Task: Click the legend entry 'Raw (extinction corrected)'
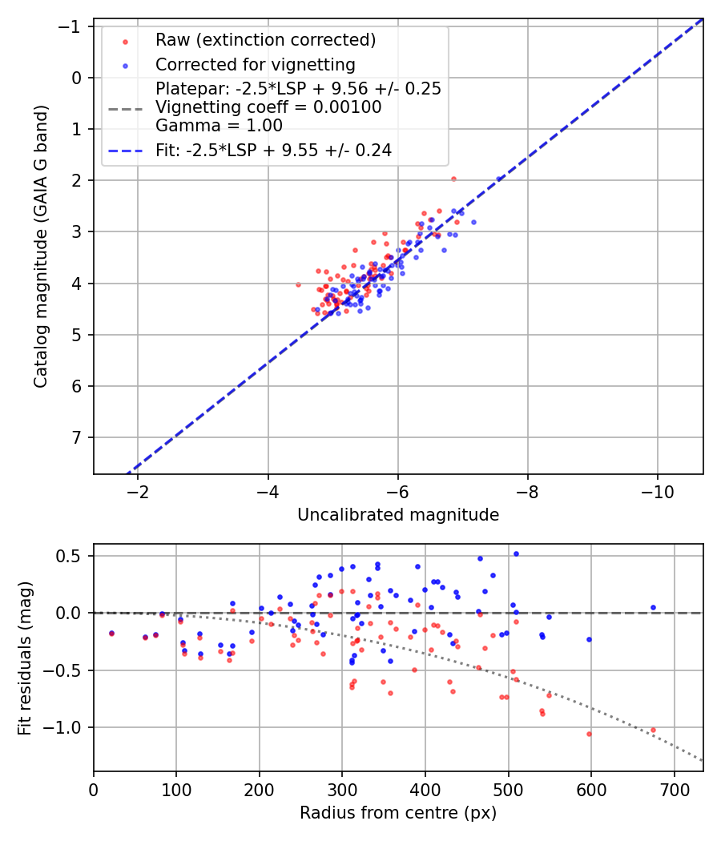pyautogui.click(x=265, y=40)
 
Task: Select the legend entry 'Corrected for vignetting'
pyautogui.click(x=255, y=64)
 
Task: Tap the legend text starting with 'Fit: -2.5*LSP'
pyautogui.click(x=273, y=150)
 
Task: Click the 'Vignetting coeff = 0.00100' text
pyautogui.click(x=268, y=107)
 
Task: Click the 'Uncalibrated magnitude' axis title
pyautogui.click(x=398, y=515)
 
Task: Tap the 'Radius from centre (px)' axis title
pyautogui.click(x=398, y=813)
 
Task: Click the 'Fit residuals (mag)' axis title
pyautogui.click(x=25, y=658)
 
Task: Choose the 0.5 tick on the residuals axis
pyautogui.click(x=75, y=556)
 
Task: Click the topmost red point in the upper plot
pyautogui.click(x=453, y=179)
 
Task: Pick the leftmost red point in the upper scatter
pyautogui.click(x=299, y=284)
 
